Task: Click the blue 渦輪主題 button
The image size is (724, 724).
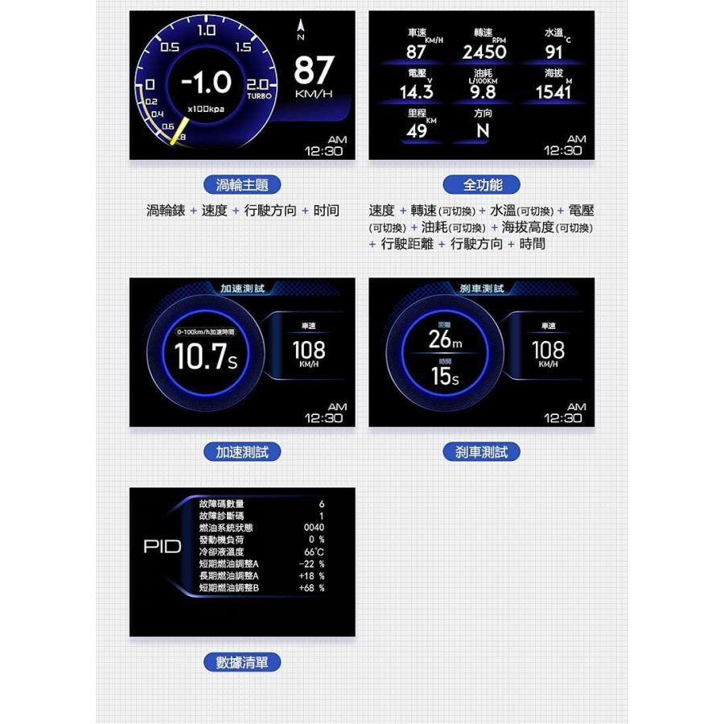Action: click(x=242, y=185)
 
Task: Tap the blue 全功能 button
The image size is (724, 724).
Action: click(x=482, y=185)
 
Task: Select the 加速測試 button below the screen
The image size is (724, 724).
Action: click(x=242, y=452)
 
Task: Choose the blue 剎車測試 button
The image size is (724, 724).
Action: click(x=482, y=452)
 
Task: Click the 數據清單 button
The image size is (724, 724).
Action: click(x=242, y=663)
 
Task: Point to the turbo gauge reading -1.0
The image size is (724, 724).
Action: click(x=206, y=82)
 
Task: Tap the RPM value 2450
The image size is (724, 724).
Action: click(x=484, y=52)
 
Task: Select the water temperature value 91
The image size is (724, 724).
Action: click(x=554, y=52)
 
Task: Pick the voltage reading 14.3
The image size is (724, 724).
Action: click(x=417, y=92)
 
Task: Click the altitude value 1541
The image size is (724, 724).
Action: click(x=553, y=92)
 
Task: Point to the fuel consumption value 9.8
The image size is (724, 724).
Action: click(x=483, y=92)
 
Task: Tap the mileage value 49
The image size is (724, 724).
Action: click(x=417, y=131)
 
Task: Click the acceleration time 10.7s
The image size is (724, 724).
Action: click(x=206, y=358)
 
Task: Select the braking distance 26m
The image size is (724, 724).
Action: click(x=445, y=340)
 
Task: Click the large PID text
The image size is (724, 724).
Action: click(x=162, y=547)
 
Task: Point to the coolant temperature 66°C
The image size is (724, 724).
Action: click(x=314, y=552)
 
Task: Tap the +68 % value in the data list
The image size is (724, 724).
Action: click(x=311, y=588)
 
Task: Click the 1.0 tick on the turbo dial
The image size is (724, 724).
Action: click(x=207, y=31)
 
